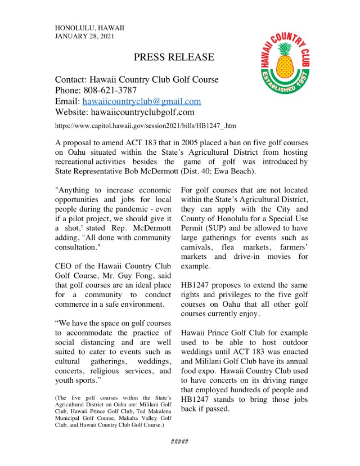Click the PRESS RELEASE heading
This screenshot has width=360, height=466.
pos(174,57)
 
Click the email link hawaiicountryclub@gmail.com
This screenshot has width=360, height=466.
pos(142,101)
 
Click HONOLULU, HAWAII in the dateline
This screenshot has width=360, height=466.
pos(89,27)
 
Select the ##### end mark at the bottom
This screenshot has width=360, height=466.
pos(179,441)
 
